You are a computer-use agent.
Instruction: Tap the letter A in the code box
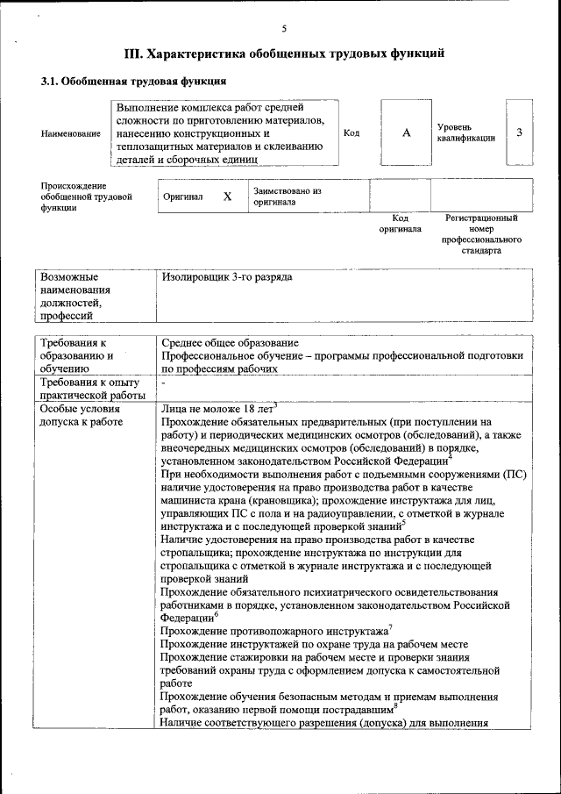coord(406,132)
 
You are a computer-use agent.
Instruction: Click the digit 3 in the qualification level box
coord(519,132)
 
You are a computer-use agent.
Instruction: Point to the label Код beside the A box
coord(352,133)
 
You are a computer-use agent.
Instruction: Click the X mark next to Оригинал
coord(227,197)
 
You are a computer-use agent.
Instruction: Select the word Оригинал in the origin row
coord(183,197)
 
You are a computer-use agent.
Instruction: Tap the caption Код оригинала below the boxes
coord(400,223)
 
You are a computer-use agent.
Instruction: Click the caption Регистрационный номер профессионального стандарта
coord(481,233)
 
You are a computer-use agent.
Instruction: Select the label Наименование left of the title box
coord(70,133)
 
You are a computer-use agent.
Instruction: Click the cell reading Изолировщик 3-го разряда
coord(227,277)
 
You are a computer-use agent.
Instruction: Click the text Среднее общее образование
coord(230,342)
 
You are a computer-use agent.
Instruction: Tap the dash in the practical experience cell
coord(163,383)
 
